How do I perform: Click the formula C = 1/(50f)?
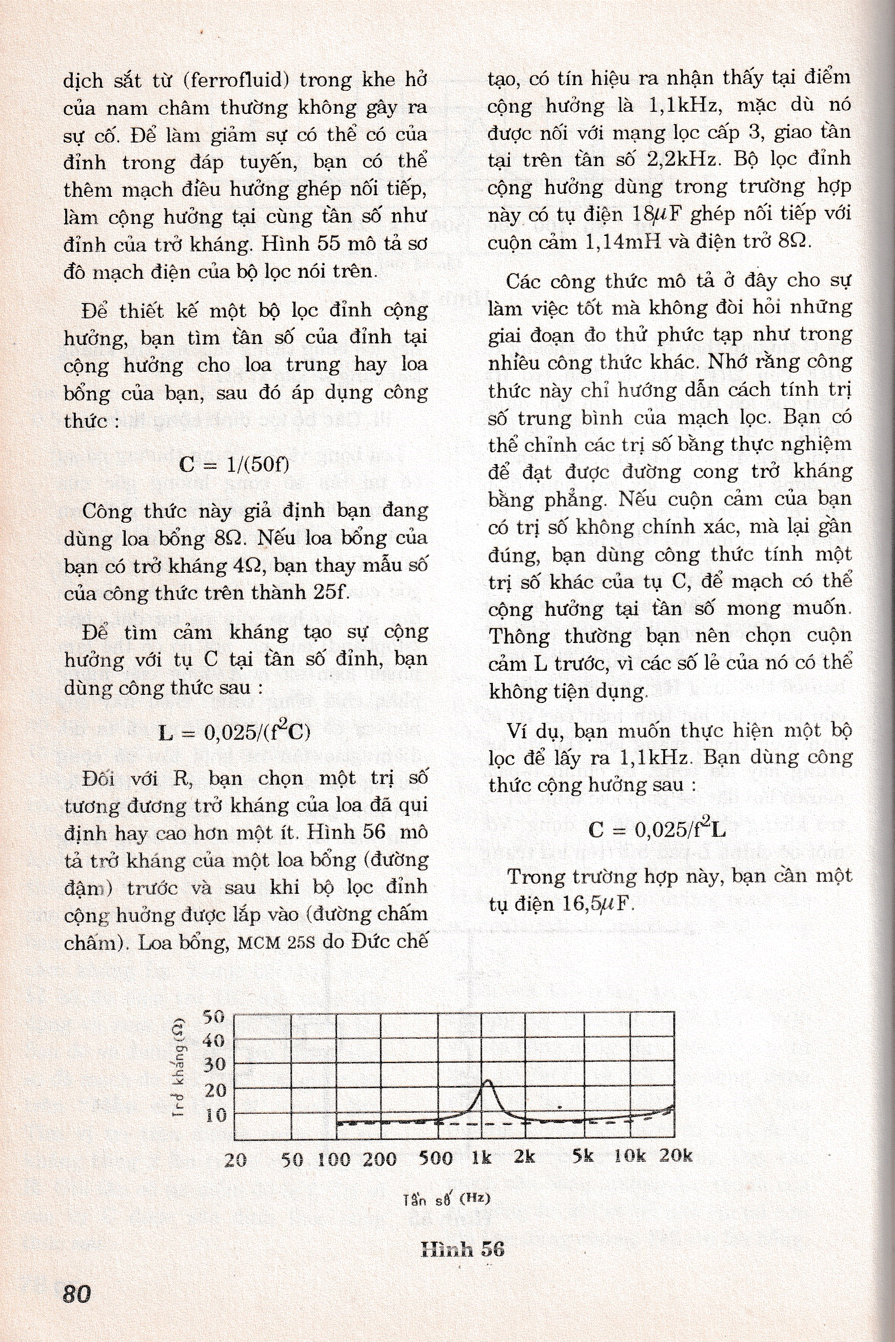pos(234,464)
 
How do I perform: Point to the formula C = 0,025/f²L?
pos(657,829)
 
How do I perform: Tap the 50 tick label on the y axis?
pos(214,1017)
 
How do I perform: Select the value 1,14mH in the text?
pos(623,242)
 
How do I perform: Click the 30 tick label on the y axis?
pos(214,1065)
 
